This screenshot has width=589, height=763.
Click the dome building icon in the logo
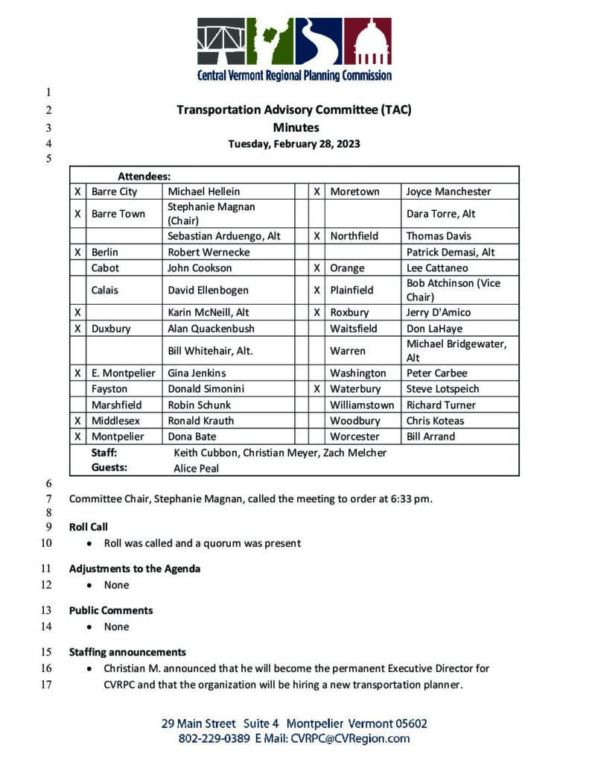click(368, 42)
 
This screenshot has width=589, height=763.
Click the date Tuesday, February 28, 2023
click(294, 144)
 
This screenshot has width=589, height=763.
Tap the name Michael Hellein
click(203, 191)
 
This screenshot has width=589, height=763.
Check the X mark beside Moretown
click(317, 191)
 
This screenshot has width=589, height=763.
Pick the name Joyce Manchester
click(448, 191)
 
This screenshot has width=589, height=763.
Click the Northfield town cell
click(354, 235)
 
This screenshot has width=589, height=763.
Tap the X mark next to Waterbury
click(317, 389)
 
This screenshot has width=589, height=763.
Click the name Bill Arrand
click(430, 437)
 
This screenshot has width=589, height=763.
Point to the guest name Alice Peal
click(197, 469)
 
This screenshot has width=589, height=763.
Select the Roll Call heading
click(89, 527)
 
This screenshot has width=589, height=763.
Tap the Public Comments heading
click(111, 610)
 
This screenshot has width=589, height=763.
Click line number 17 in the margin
click(49, 684)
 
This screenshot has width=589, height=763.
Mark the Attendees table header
click(144, 177)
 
